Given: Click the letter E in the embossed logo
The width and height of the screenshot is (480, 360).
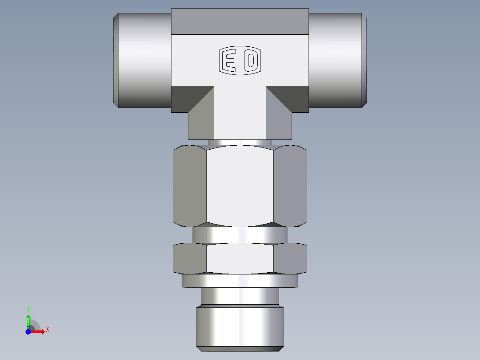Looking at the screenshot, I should (x=230, y=60).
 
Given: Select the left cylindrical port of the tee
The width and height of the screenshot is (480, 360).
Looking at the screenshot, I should (x=142, y=60).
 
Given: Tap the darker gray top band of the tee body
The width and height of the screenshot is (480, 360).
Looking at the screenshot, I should (x=240, y=21).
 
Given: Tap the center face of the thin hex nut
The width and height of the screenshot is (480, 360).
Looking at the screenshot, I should (x=240, y=258).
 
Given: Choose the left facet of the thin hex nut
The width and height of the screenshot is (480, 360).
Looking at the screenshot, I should (x=189, y=258).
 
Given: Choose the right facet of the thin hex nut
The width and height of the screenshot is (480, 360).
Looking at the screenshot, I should (x=290, y=258).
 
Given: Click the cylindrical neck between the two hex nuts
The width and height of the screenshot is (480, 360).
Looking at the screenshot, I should (x=240, y=234).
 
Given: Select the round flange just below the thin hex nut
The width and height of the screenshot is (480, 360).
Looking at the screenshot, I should (x=240, y=281).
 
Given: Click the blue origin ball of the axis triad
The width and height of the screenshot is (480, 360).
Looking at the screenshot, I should (x=28, y=331).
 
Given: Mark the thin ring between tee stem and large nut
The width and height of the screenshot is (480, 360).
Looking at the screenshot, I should (x=240, y=142).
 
